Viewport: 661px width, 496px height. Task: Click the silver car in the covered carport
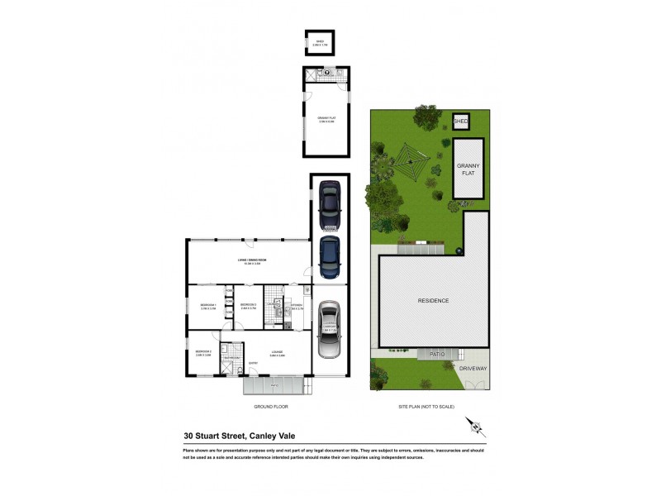click(329, 330)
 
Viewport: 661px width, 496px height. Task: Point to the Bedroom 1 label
click(207, 306)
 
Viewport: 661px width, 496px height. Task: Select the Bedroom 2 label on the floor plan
click(249, 306)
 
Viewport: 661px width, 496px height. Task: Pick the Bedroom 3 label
click(203, 352)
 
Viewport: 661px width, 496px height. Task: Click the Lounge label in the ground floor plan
click(276, 352)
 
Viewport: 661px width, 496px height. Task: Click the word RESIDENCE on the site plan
click(433, 300)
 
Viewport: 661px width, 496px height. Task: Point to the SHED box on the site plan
click(461, 122)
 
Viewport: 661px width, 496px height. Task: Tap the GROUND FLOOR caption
click(272, 408)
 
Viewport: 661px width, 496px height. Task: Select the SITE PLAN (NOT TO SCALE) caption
click(430, 408)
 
